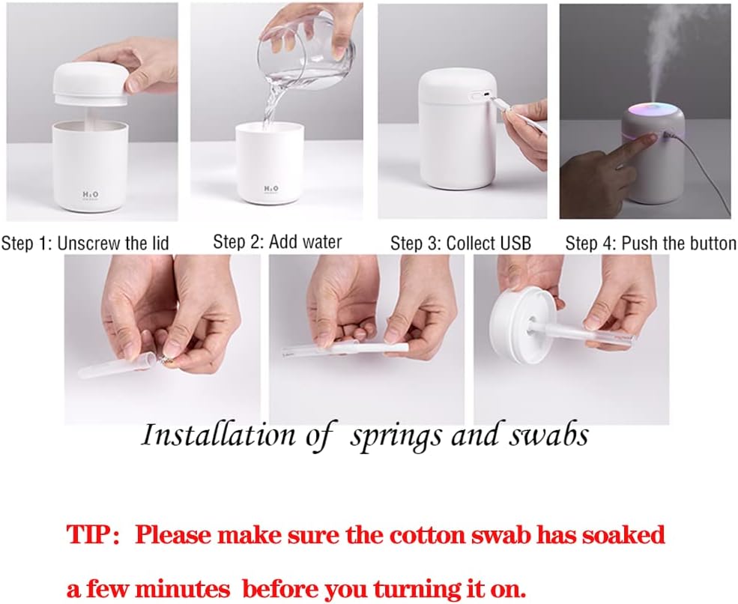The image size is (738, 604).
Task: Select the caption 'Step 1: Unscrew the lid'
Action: click(85, 243)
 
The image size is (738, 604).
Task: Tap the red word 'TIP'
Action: click(89, 535)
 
